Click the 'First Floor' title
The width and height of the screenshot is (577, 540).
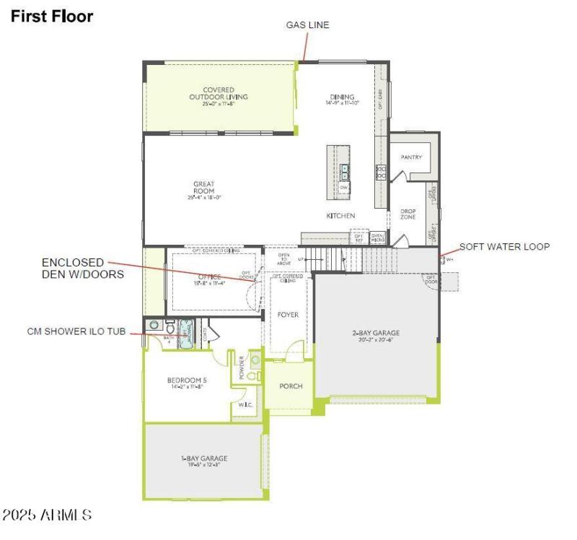51,16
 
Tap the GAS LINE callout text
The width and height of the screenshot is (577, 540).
307,25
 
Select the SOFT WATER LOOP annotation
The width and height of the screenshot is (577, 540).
504,247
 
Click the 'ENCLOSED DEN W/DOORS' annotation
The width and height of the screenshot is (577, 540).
82,268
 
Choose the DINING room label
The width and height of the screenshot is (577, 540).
342,97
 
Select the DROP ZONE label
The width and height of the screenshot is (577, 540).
408,214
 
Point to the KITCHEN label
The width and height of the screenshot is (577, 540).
340,216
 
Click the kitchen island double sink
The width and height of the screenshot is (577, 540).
345,171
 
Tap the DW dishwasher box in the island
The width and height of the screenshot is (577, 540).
344,188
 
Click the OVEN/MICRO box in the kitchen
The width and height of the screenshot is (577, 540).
377,236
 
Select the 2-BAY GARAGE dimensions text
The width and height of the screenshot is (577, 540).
375,339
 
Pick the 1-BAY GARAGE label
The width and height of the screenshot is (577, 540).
204,458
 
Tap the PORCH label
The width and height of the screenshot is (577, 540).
291,386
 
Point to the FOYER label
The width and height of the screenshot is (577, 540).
288,315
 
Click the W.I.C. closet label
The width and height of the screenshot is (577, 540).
243,405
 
